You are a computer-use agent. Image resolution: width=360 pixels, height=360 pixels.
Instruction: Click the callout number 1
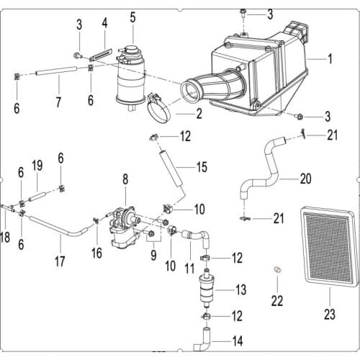point(330,58)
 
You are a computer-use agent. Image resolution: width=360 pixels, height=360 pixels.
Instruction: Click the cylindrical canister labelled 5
point(132,72)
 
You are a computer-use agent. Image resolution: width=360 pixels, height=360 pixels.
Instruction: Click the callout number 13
point(240,289)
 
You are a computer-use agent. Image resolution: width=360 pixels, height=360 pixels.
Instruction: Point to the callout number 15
point(202,168)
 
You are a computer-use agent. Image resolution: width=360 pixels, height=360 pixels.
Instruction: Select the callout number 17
point(59,259)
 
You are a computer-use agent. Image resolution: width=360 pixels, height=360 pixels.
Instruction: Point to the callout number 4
point(105,23)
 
